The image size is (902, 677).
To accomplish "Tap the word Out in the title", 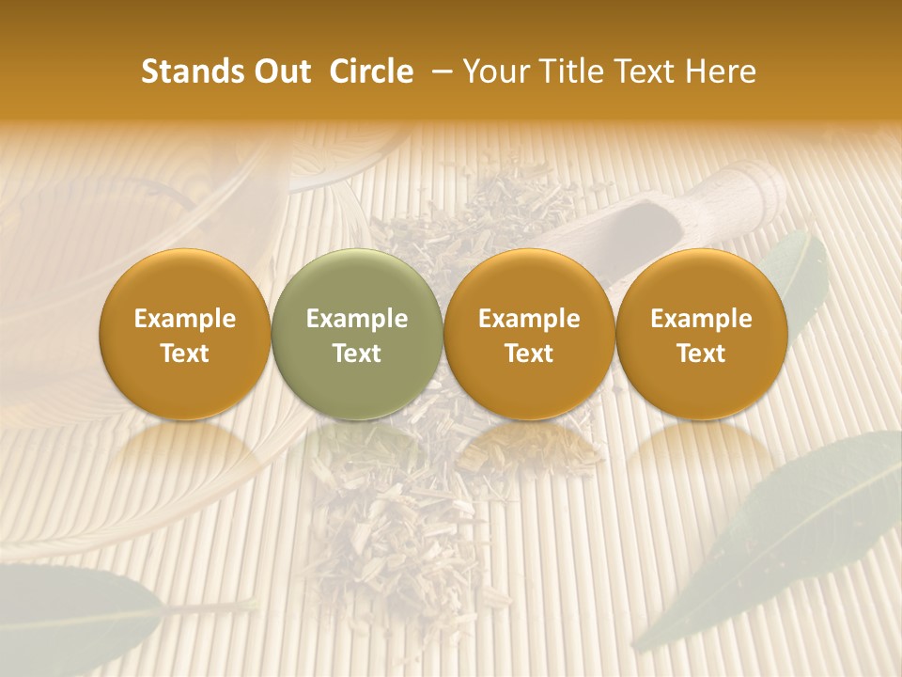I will coord(282,71).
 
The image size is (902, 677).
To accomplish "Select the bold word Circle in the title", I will coord(371,71).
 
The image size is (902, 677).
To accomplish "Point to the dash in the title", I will coord(439,71).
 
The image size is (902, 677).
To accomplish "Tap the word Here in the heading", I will coord(722,71).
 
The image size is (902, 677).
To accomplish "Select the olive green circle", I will coord(357,335).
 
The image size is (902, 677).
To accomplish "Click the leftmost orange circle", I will coord(185,335).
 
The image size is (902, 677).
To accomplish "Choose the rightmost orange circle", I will coord(701,335).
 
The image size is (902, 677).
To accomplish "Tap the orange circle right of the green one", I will coord(529,335).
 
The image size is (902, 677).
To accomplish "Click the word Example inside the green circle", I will coord(357,319).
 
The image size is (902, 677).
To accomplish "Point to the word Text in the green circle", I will coord(357,354).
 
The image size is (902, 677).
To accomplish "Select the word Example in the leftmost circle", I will coord(185,319).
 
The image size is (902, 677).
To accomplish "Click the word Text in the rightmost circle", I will coord(701,354).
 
